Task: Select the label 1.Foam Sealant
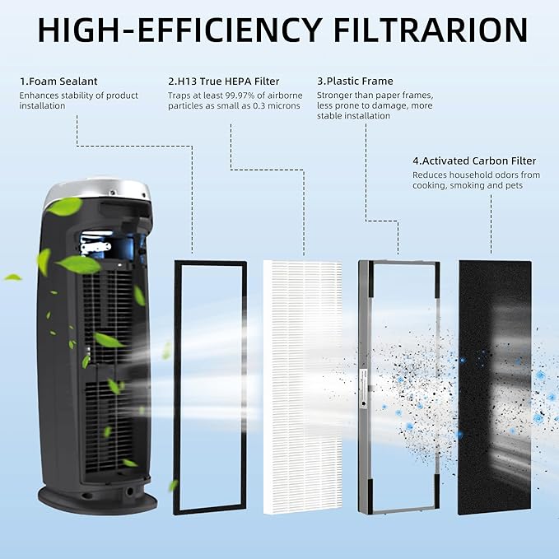pos(58,81)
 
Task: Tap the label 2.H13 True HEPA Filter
pos(224,81)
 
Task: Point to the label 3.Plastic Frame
pos(355,81)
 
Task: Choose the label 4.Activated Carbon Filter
pos(474,161)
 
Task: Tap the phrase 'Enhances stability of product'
pos(79,95)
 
